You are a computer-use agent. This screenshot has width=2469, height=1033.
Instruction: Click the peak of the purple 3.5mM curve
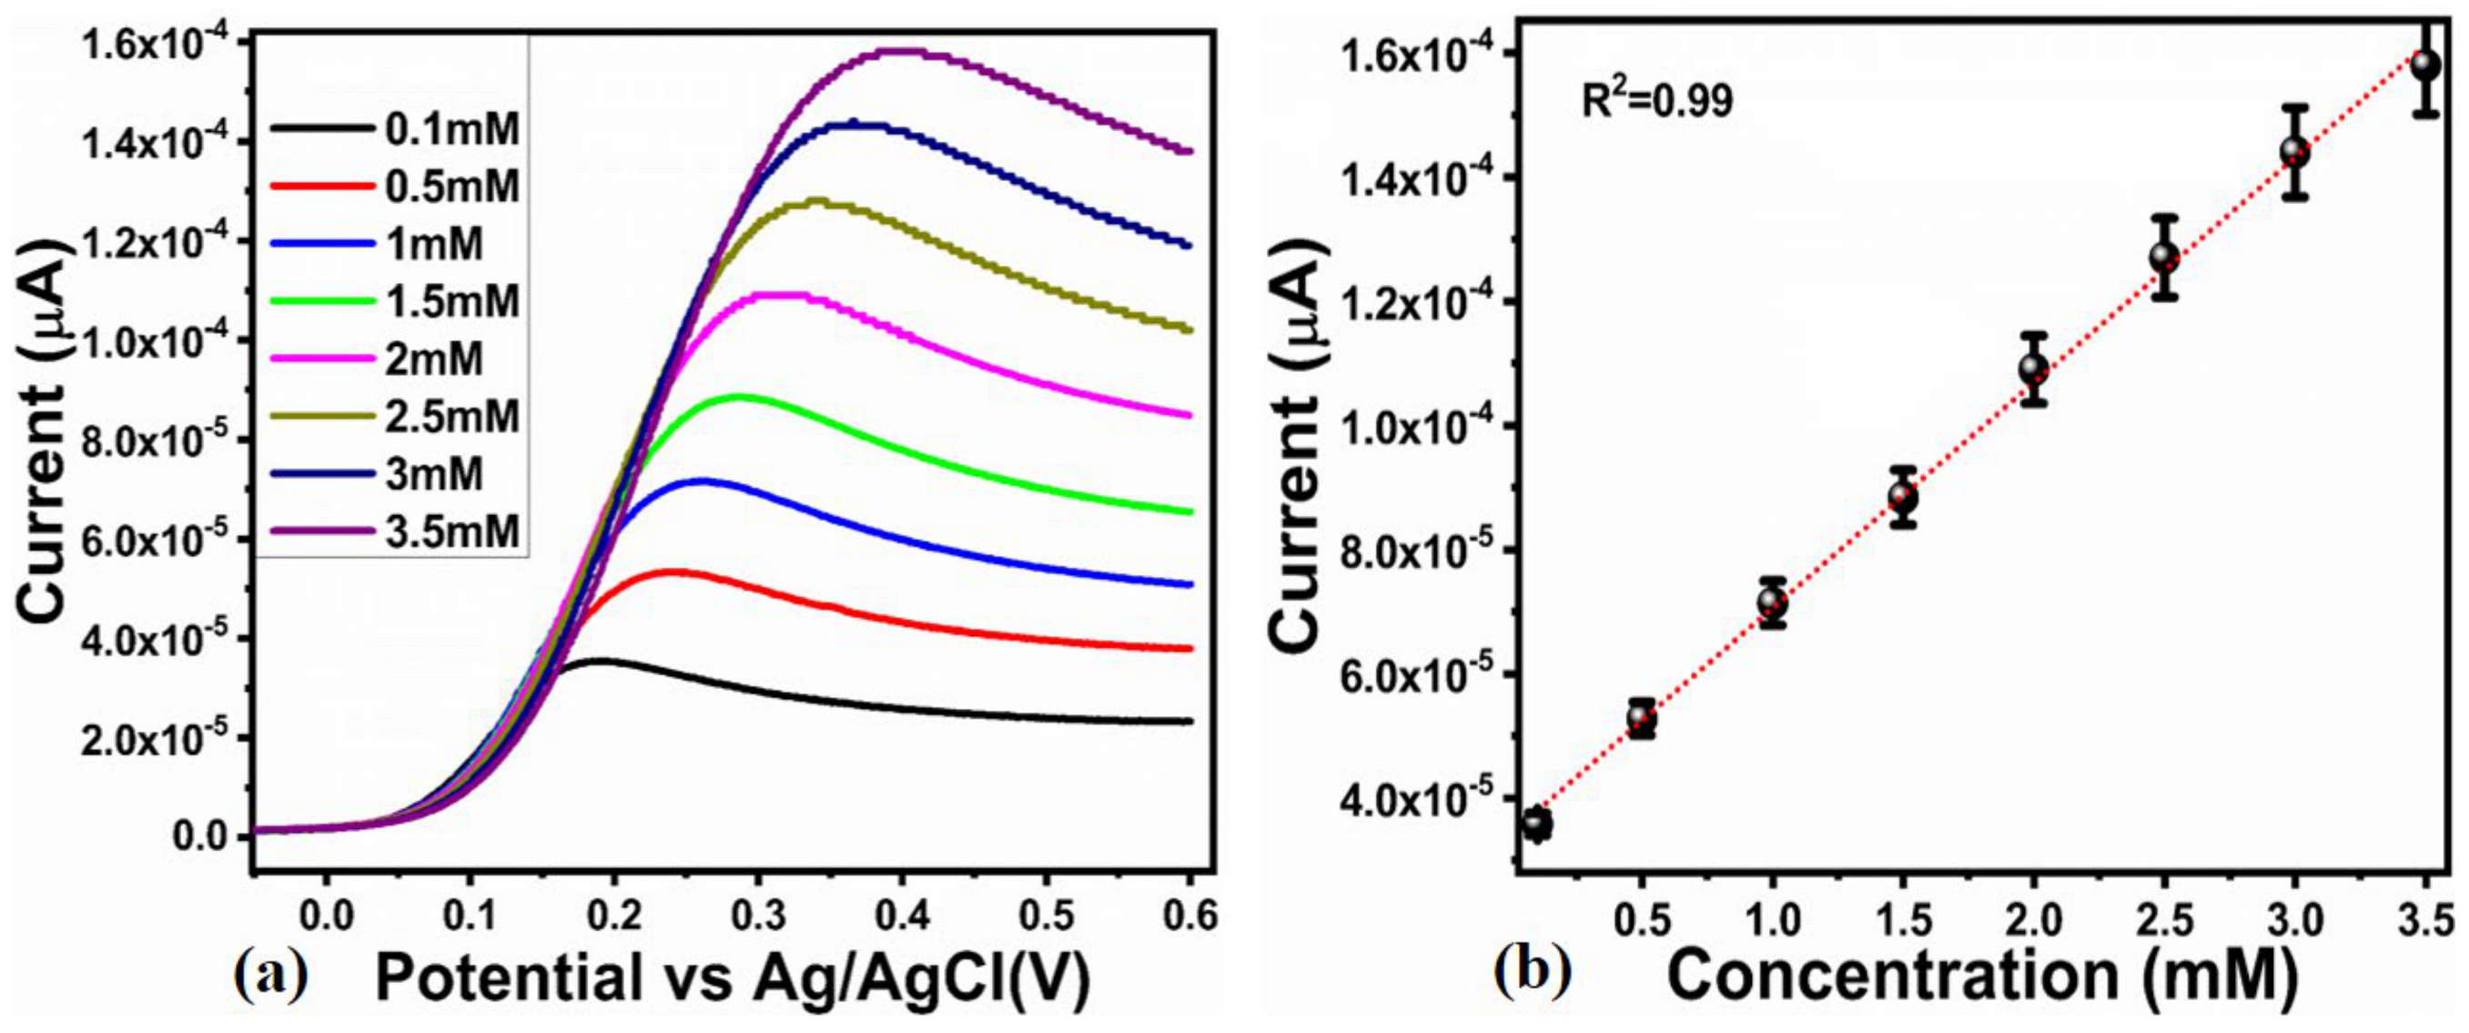click(899, 52)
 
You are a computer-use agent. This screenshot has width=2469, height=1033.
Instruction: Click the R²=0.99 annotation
click(1656, 99)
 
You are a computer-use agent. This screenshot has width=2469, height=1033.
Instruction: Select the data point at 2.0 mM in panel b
click(2033, 369)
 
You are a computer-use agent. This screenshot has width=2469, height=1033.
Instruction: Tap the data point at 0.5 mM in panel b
click(1642, 718)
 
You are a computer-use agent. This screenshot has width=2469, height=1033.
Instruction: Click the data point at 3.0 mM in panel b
click(2293, 151)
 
